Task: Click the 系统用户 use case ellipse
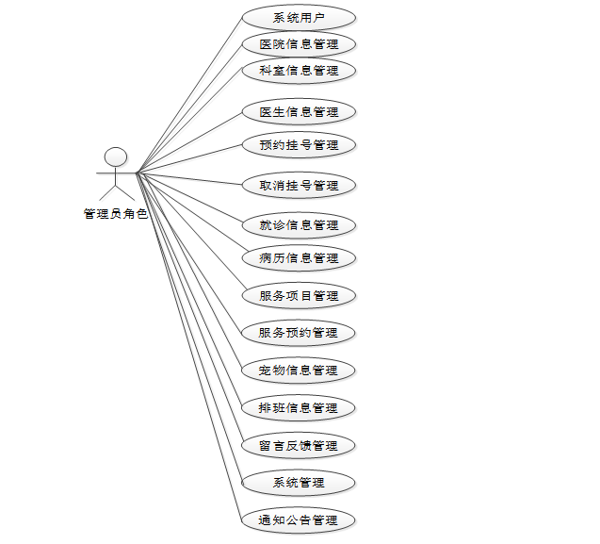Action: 299,17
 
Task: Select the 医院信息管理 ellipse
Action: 299,43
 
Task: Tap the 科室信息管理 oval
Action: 299,70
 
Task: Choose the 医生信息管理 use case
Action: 299,111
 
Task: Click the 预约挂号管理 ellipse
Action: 299,145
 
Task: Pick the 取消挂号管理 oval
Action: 299,186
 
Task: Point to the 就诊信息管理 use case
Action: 299,225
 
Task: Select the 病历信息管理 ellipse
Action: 299,257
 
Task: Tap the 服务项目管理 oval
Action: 299,295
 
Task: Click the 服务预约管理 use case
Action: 299,332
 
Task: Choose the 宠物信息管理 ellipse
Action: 299,371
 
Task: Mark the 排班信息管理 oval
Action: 299,408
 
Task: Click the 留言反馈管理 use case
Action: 299,445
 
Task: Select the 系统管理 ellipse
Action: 299,483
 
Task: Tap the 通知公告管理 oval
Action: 299,519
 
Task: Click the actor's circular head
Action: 115,157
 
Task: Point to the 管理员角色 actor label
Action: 115,214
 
